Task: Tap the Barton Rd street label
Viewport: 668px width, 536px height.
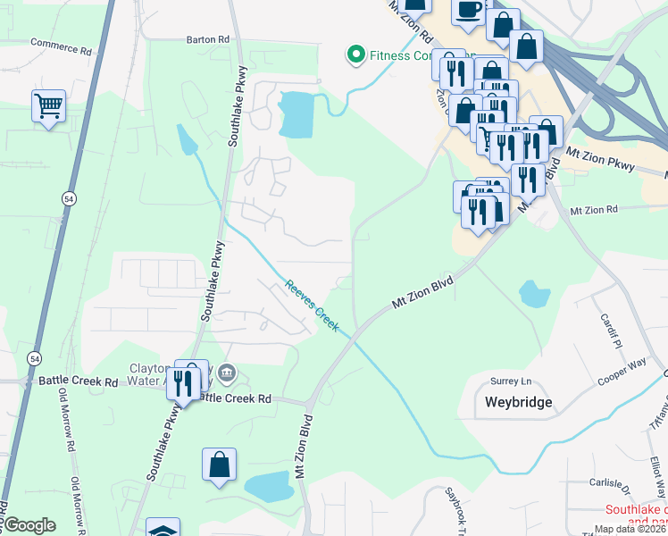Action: [x=208, y=39]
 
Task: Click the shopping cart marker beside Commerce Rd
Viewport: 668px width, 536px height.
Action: [x=48, y=106]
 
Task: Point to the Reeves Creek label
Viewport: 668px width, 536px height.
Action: [x=312, y=307]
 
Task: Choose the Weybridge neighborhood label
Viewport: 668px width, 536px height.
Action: [x=518, y=402]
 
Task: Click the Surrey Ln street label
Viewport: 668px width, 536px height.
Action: [x=510, y=381]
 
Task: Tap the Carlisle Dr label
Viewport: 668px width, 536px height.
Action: [x=610, y=483]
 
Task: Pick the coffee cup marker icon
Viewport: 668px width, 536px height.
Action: [x=469, y=10]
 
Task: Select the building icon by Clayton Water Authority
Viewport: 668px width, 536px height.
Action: [x=226, y=372]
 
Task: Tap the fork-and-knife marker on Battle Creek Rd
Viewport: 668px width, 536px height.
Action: [x=182, y=382]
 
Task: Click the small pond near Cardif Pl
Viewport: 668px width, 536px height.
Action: [x=533, y=294]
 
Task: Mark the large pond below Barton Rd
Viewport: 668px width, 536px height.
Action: [x=296, y=113]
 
